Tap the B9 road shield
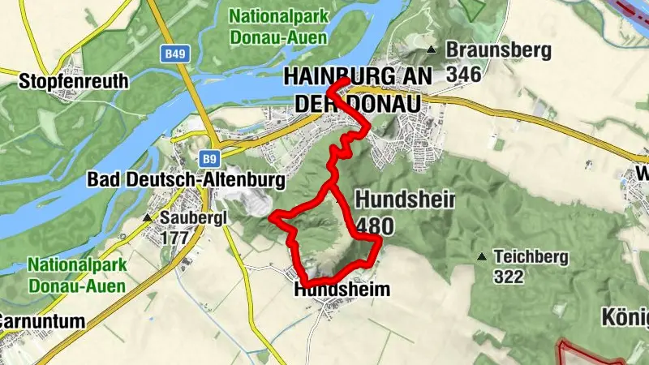(210, 157)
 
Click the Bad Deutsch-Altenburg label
(186, 179)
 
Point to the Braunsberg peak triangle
(432, 51)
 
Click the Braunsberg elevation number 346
(463, 74)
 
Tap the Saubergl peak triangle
(147, 218)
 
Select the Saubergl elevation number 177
(174, 238)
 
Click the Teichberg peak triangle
(483, 257)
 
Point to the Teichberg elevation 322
(509, 277)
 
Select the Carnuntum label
(41, 321)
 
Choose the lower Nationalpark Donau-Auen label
(76, 275)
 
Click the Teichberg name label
(533, 257)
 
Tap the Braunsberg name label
(497, 51)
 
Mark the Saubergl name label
(191, 218)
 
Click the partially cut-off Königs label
(625, 316)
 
